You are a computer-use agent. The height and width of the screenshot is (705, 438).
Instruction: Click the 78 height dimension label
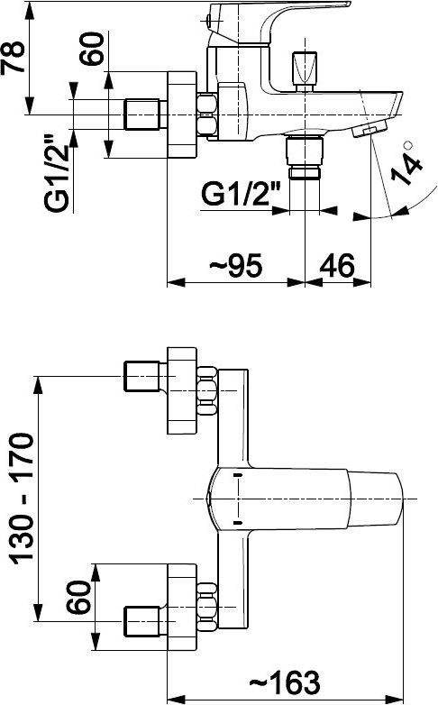(14, 58)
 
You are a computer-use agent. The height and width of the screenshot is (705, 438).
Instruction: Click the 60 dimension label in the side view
(92, 49)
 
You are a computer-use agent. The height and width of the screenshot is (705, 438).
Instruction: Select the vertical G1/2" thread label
(58, 173)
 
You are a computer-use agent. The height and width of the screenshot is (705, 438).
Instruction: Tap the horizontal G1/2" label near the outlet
(241, 194)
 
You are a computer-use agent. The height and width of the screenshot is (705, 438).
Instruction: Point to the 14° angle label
(406, 165)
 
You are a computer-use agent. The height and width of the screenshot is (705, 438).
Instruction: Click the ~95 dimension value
(235, 265)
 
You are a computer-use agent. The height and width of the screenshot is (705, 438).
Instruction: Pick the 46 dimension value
(337, 265)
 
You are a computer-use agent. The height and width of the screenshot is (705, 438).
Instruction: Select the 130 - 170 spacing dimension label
(22, 499)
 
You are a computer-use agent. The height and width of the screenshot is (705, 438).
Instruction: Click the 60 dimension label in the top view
(78, 597)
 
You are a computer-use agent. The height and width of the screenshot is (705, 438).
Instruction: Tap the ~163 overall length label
(285, 682)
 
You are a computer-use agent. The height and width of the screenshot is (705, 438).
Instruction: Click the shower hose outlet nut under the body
(305, 158)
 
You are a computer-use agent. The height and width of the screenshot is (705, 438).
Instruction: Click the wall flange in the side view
(182, 114)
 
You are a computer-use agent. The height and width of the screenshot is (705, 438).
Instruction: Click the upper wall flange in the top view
(182, 390)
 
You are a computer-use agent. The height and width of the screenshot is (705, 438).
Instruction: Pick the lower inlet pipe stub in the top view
(141, 621)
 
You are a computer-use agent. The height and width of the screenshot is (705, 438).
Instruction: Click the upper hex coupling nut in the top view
(207, 390)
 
